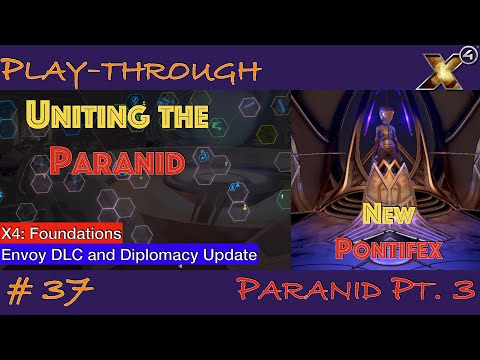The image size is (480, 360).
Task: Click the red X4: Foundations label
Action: click(x=63, y=233)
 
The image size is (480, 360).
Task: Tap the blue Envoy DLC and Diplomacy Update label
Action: click(x=129, y=255)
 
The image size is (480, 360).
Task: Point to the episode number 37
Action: click(x=70, y=293)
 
